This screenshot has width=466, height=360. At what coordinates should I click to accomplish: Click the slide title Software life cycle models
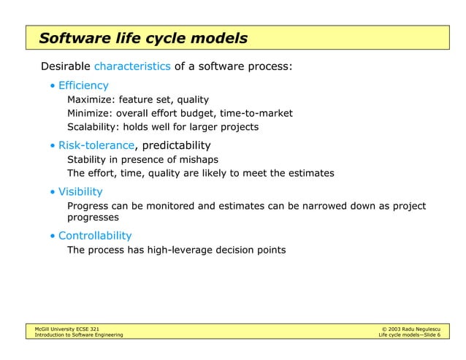click(143, 38)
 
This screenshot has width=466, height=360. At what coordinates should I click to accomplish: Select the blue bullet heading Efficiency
click(83, 85)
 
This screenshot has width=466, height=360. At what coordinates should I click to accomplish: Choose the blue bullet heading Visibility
click(80, 191)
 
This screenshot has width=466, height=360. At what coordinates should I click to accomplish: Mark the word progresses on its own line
click(93, 218)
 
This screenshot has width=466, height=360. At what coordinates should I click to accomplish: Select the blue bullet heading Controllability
click(95, 236)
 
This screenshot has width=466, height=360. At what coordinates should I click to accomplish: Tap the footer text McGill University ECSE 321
click(57, 330)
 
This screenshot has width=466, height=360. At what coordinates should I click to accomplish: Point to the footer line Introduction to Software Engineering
click(74, 336)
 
